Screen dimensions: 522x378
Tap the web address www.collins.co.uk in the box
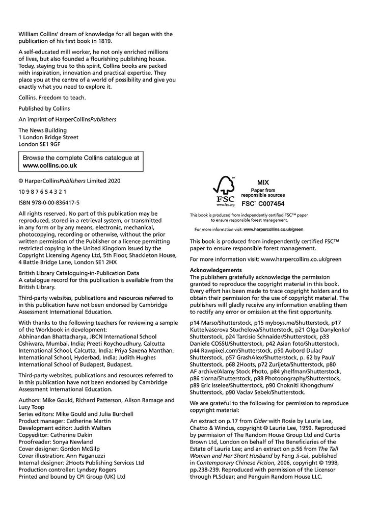[x=50, y=165]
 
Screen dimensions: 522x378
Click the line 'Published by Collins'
[x=44, y=109]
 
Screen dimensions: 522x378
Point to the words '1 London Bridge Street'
[x=48, y=137]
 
